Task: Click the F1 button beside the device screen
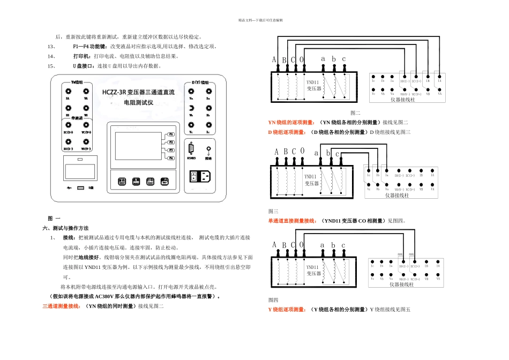171,133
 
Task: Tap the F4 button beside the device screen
171,159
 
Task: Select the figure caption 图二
355,113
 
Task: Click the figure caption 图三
273,212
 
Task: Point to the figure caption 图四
273,300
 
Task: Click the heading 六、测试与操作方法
66,228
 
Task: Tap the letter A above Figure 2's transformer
274,59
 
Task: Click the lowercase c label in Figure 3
337,154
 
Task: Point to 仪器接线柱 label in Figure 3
397,196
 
